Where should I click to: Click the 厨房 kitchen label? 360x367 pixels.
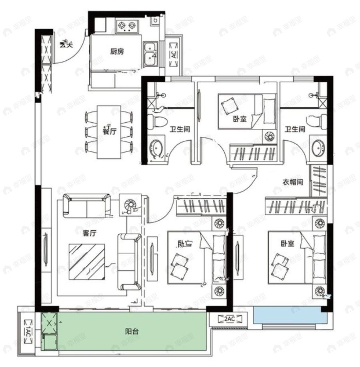coord(116,51)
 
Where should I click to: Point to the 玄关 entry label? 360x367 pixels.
coord(66,45)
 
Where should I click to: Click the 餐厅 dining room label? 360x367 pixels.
coord(109,130)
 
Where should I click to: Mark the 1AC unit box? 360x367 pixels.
coord(28,332)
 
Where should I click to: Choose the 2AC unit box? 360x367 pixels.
coord(229,319)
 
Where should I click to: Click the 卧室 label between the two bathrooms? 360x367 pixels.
coord(239,119)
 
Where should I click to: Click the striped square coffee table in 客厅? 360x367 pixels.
coord(87,262)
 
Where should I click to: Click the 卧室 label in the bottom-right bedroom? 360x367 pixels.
coord(287,243)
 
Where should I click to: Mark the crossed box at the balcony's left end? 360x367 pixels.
coord(50,321)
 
